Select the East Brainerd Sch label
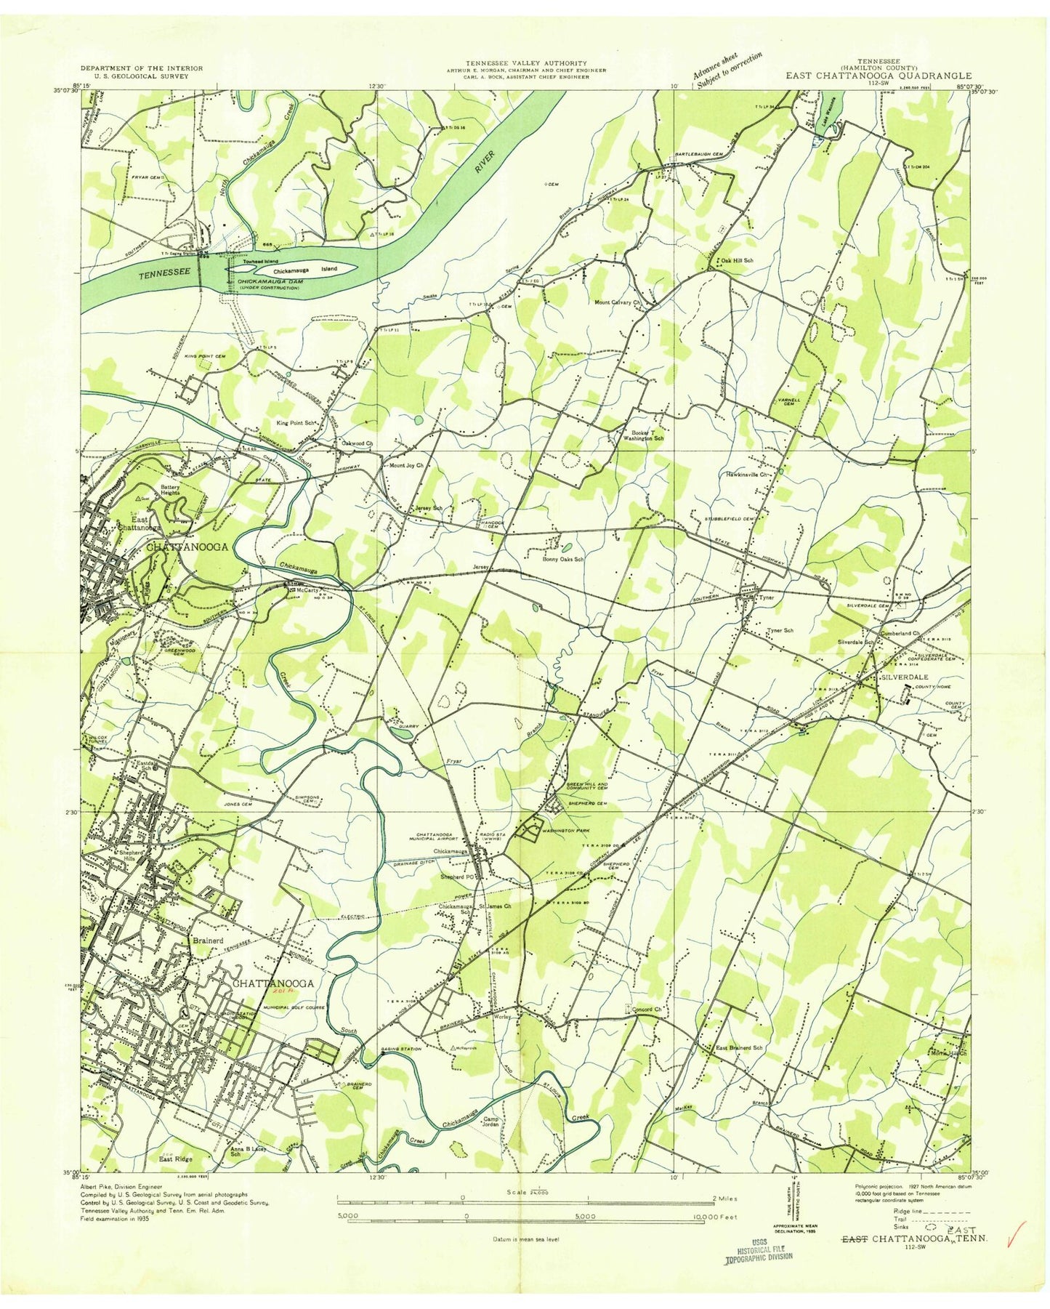point(739,1048)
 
